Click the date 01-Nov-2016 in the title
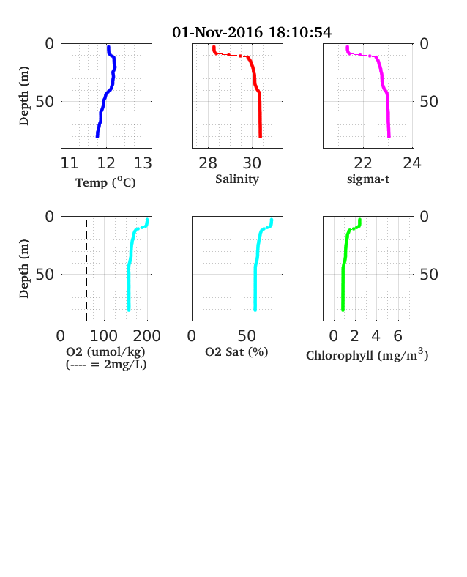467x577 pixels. [x=217, y=32]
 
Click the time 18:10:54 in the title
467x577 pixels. [x=300, y=32]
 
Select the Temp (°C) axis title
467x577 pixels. [x=105, y=182]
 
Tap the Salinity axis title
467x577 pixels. [x=237, y=179]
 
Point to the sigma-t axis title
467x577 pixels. [x=368, y=179]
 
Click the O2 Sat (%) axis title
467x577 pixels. [x=236, y=351]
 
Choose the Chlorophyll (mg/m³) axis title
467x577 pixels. [x=367, y=354]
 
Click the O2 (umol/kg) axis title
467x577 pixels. [x=105, y=351]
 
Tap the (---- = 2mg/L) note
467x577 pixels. [x=106, y=365]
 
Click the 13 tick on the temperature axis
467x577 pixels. [x=143, y=163]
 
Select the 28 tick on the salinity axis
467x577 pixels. [x=208, y=163]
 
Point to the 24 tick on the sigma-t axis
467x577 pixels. [x=412, y=163]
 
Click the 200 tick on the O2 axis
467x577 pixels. [x=146, y=336]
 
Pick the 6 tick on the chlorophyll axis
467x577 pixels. [x=398, y=336]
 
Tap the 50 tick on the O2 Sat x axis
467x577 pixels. [x=247, y=336]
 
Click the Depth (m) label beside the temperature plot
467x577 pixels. [x=24, y=96]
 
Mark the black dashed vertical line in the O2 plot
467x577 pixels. [x=87, y=270]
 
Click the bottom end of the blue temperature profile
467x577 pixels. [x=97, y=137]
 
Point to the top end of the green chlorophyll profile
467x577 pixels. [x=359, y=220]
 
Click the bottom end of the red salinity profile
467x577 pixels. [x=261, y=137]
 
